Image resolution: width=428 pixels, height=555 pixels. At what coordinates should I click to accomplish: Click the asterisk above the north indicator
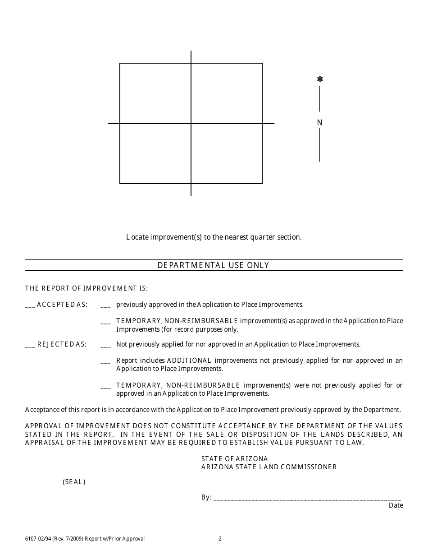[x=320, y=79]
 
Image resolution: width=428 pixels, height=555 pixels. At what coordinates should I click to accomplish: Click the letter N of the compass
[x=320, y=123]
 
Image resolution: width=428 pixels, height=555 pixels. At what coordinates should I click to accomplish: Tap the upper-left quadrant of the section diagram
[x=155, y=93]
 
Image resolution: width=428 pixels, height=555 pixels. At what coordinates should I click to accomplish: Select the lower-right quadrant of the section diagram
[x=227, y=153]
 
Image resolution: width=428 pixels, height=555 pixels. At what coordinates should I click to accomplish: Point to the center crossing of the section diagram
[x=191, y=123]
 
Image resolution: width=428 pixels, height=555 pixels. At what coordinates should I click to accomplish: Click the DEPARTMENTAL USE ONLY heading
[x=213, y=265]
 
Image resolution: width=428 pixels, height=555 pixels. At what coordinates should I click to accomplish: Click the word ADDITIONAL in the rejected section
[x=189, y=361]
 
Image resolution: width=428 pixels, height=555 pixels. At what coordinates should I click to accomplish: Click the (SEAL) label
[x=74, y=482]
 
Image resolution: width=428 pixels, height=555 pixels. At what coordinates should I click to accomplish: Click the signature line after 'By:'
[x=307, y=498]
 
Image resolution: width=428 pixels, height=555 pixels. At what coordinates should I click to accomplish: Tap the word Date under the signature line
[x=396, y=505]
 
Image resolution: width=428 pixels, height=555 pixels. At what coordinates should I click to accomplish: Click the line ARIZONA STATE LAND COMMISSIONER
[x=269, y=467]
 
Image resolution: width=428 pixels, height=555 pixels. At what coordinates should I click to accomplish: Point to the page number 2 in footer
[x=220, y=538]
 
